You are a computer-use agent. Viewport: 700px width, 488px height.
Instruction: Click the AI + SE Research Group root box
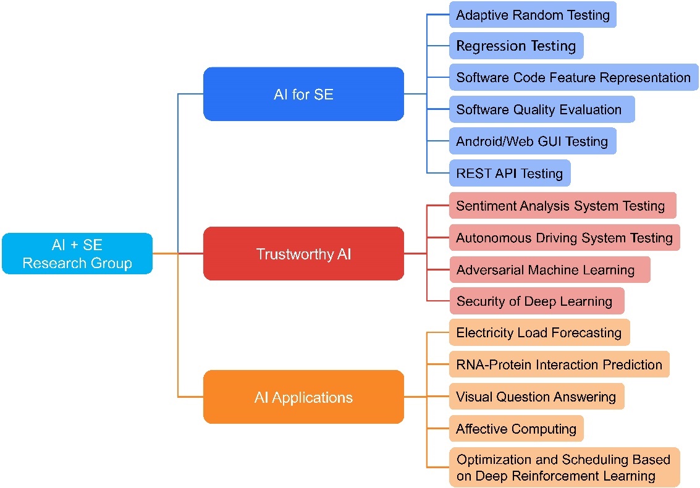(x=77, y=253)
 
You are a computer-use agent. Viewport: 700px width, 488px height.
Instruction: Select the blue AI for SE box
(x=303, y=94)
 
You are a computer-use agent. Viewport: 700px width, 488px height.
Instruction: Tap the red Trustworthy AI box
(x=303, y=253)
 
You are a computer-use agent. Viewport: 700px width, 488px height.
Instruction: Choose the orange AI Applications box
(x=303, y=397)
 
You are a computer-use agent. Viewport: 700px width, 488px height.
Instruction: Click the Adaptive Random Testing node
(x=533, y=15)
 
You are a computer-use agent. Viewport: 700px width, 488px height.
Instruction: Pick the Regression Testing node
(x=516, y=46)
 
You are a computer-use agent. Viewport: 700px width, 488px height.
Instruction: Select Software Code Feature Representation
(x=573, y=77)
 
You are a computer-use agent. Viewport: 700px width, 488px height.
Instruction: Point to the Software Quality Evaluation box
(x=539, y=109)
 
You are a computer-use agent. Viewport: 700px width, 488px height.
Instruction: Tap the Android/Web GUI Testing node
(x=532, y=141)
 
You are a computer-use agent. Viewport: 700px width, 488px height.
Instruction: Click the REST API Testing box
(x=510, y=173)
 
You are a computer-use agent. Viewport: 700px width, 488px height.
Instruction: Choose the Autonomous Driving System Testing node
(x=564, y=238)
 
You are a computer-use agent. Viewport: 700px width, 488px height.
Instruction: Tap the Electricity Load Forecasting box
(x=539, y=332)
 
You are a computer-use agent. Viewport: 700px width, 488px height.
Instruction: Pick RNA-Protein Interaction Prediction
(x=559, y=364)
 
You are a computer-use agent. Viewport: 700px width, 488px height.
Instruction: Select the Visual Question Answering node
(x=536, y=397)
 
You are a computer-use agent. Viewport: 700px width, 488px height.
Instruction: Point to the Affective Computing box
(x=516, y=429)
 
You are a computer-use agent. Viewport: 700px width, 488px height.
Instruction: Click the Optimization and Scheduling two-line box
(x=564, y=468)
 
